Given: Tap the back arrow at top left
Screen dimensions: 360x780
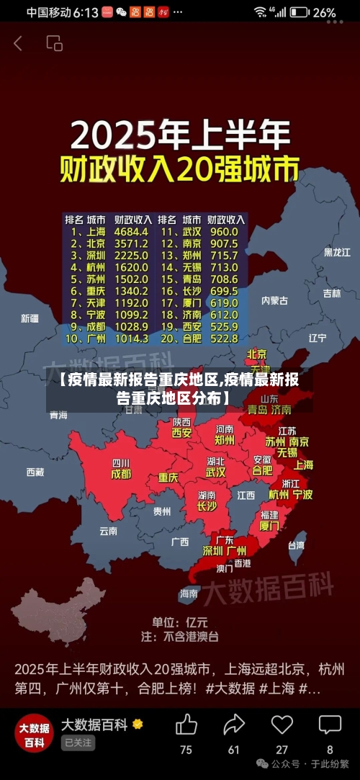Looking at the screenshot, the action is [18, 43].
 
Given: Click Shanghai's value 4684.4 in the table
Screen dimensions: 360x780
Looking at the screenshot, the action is [132, 232].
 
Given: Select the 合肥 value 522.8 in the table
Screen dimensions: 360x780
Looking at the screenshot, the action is [223, 338].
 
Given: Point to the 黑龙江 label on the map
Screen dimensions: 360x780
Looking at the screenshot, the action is [337, 252].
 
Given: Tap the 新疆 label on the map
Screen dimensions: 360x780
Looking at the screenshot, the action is [30, 318].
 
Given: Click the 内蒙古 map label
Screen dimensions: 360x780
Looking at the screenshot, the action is [274, 300].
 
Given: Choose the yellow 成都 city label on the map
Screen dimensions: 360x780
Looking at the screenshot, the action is [121, 474].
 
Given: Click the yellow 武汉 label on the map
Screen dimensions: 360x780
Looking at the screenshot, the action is [215, 472].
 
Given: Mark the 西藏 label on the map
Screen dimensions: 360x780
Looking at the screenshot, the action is [35, 472].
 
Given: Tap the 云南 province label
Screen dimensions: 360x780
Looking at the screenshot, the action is [108, 531].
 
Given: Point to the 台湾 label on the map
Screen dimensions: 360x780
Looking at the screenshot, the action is [296, 545].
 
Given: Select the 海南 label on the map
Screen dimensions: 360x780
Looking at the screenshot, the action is [189, 593].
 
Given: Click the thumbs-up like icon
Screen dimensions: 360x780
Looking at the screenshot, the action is [186, 724].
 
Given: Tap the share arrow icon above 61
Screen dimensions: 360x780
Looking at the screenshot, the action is [234, 724].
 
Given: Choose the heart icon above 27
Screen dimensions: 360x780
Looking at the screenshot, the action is [282, 724].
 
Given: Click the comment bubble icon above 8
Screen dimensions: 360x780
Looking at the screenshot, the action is [330, 724].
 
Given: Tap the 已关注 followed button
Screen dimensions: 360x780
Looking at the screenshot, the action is [78, 742].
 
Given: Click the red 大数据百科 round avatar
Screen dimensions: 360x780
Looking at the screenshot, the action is [34, 732].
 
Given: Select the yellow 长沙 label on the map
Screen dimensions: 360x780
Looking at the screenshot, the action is [207, 506].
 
